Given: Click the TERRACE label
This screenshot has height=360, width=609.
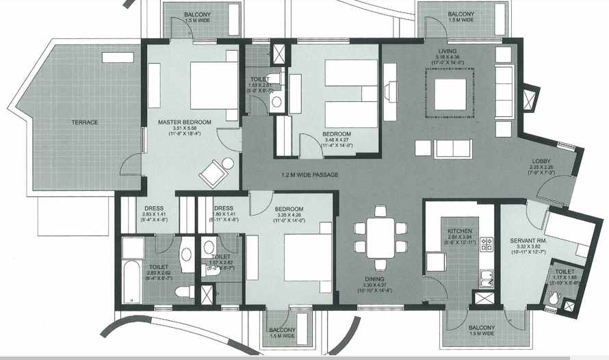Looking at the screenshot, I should pos(86,123).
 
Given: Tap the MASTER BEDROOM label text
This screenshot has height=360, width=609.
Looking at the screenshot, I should pos(185,123).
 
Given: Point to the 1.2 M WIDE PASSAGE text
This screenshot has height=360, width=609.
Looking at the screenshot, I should pos(310,175).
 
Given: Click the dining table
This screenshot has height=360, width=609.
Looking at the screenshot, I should pos(380,237).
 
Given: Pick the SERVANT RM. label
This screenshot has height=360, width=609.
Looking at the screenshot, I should pos(528,240).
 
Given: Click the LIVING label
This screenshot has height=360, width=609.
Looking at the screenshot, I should pos(448,51).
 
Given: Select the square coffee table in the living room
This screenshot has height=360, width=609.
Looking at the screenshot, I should pos(450,94).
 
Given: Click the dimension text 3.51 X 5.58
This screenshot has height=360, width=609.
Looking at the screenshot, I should pos(185,129).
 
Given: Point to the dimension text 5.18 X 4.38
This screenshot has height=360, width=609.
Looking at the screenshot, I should pos(448,57).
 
